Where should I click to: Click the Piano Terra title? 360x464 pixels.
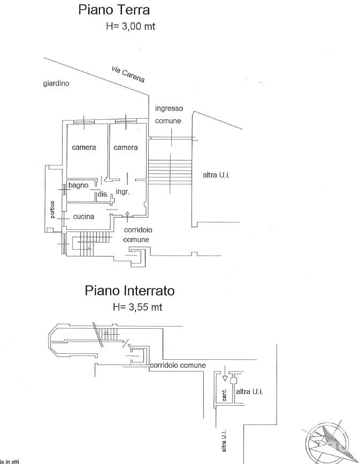tap(113, 10)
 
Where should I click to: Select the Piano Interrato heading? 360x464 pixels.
tap(130, 291)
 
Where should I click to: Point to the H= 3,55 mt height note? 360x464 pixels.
tap(137, 307)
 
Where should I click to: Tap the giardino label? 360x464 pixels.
tap(56, 83)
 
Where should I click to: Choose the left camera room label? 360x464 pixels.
tap(83, 147)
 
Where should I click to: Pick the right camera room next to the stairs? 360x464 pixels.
tap(126, 147)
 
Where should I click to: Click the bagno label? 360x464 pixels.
tap(78, 185)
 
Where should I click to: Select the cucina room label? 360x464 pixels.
tap(84, 216)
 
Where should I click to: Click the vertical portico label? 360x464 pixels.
tap(52, 210)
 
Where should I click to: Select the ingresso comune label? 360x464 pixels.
tap(168, 114)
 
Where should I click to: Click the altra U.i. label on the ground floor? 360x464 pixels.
tap(216, 175)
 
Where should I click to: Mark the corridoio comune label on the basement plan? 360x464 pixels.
tap(178, 365)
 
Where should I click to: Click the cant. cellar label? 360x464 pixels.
tap(225, 395)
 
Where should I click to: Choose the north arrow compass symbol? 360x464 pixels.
tap(329, 439)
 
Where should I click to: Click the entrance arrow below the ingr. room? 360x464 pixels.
tap(127, 214)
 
